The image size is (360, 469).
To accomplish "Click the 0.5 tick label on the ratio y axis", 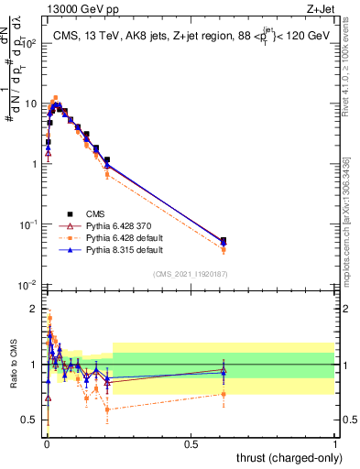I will coord(32,420).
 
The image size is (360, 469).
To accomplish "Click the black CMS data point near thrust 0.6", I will coord(224,240).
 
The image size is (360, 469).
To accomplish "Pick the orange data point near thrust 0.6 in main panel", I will coord(224,249).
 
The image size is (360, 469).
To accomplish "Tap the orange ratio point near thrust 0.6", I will coord(224,395).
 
